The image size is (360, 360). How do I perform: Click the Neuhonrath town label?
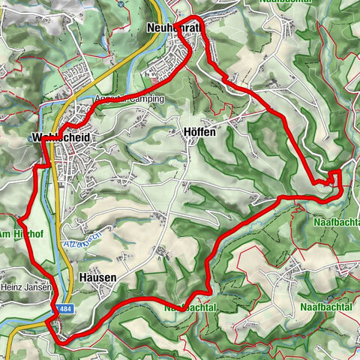pos(174,28)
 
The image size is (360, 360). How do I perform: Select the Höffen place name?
pos(199,132)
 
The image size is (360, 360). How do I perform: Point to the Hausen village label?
pos(97,277)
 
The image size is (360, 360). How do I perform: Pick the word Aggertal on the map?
pos(110,100)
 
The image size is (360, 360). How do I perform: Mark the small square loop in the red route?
pos(334,177)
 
